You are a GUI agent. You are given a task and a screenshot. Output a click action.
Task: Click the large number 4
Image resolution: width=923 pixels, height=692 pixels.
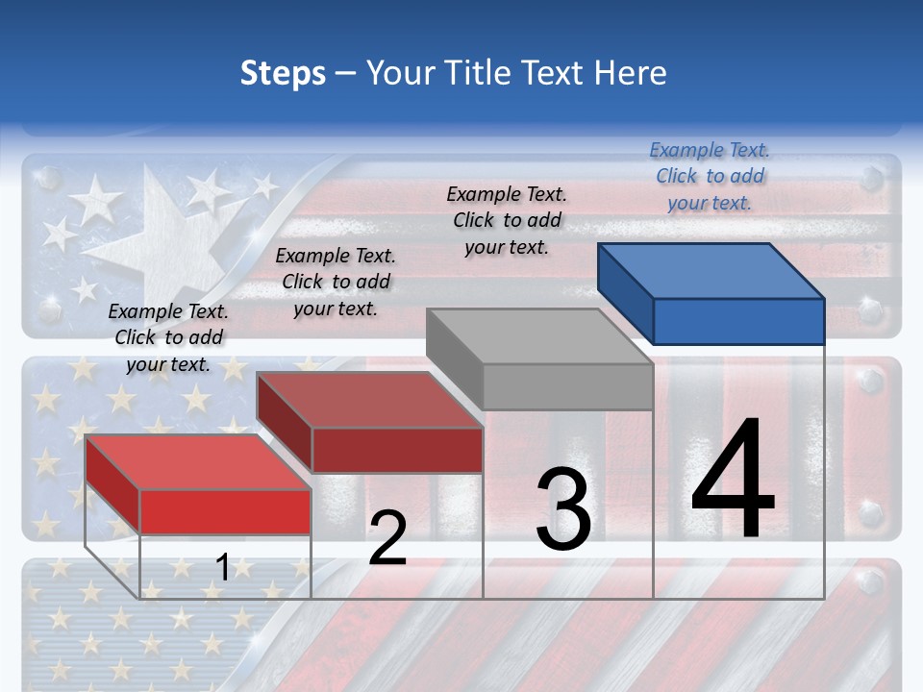click(733, 481)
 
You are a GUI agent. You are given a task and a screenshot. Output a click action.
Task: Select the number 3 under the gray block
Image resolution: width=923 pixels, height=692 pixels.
click(563, 509)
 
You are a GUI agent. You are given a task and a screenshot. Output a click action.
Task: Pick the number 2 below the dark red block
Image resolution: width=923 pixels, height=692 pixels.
click(387, 538)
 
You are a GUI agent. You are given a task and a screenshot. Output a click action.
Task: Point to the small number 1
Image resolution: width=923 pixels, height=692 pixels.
click(222, 568)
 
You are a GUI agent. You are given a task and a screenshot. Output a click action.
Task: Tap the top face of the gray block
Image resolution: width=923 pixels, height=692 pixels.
click(539, 336)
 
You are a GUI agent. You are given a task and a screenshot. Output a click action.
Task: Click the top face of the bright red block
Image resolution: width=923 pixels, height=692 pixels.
click(198, 462)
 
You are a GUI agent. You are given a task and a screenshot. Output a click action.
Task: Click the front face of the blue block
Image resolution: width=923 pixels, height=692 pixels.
click(738, 321)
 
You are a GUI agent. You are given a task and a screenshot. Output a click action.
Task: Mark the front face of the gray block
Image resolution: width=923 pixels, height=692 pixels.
click(567, 387)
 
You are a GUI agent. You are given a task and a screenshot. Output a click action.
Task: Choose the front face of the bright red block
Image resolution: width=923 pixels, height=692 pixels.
click(225, 512)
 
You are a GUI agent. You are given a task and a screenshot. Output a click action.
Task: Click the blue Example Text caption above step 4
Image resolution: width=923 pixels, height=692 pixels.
click(710, 176)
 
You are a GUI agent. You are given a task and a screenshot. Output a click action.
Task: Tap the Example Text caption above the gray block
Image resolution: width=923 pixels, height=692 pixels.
click(507, 220)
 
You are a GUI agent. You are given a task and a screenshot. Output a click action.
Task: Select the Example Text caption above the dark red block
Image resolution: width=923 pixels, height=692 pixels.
click(336, 282)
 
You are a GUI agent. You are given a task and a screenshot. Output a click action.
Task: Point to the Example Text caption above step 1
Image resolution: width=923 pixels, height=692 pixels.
click(168, 337)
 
